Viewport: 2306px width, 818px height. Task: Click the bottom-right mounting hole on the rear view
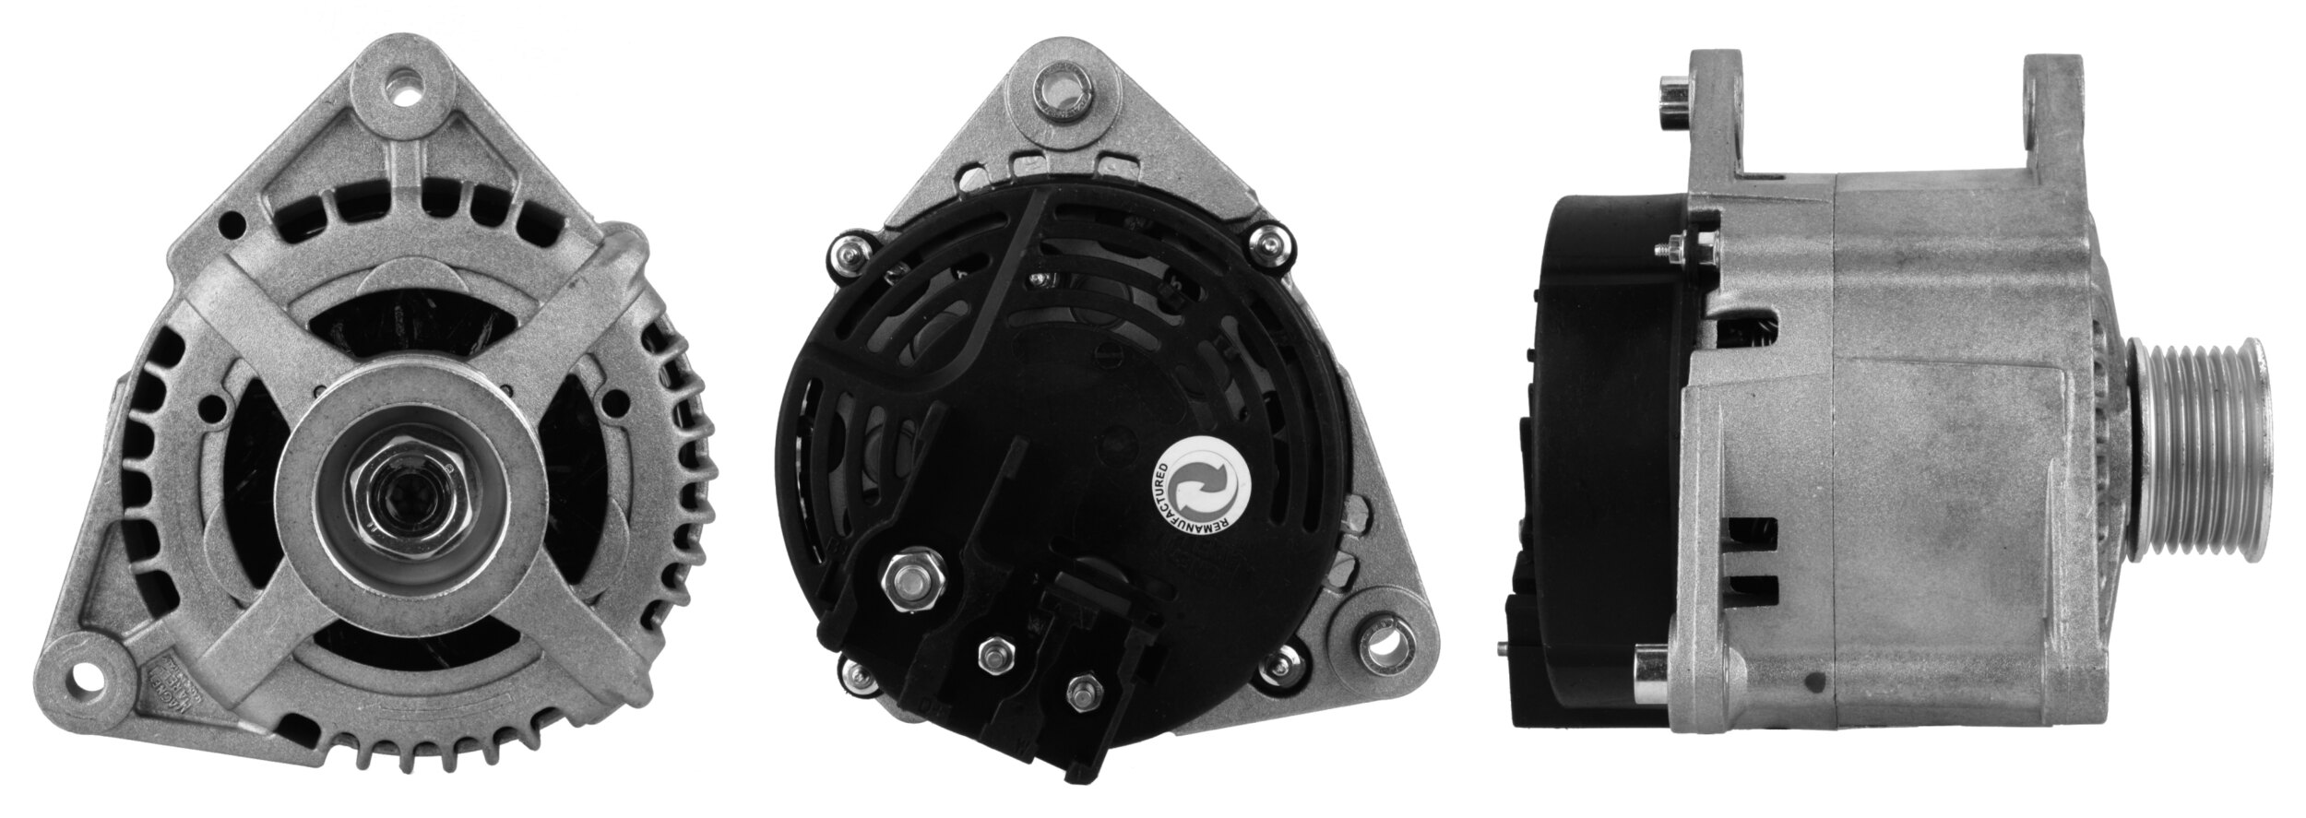pyautogui.click(x=1380, y=663)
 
